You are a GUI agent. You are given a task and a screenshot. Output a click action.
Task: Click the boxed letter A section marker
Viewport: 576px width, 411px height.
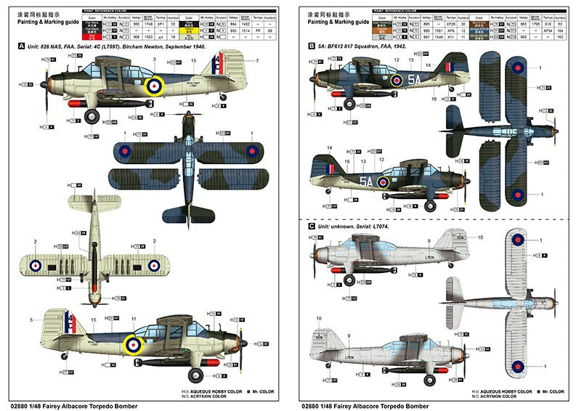click(21, 46)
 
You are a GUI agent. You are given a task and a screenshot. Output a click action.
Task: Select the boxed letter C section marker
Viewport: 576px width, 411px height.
click(312, 227)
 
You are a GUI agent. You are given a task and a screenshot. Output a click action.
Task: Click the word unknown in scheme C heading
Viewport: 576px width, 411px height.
click(340, 227)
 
